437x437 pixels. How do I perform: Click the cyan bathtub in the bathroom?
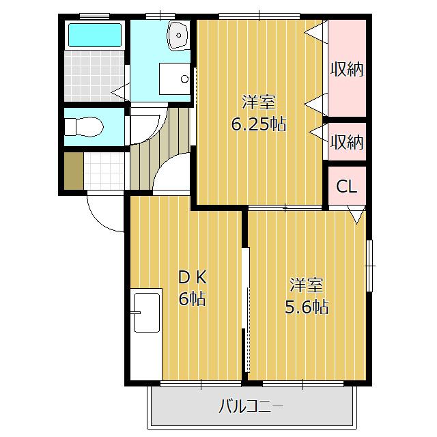pos(95,36)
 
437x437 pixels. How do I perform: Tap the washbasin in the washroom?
pos(179,35)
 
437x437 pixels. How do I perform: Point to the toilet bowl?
pos(87,126)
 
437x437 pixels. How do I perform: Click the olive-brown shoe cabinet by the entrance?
pos(73,171)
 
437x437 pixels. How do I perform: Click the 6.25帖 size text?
pos(258,124)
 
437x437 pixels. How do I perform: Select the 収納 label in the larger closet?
pos(347,69)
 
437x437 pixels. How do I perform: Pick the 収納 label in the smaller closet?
pos(347,142)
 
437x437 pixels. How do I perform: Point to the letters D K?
pos(192,278)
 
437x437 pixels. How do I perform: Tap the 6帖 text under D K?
pos(192,298)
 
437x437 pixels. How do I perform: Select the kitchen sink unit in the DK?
pos(147,311)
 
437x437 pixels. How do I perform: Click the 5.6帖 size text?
pos(306,307)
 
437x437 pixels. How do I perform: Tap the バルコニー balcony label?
pos(251,408)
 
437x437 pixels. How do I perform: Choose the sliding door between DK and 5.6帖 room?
pos(245,300)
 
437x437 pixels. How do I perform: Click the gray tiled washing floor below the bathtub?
pos(95,75)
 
